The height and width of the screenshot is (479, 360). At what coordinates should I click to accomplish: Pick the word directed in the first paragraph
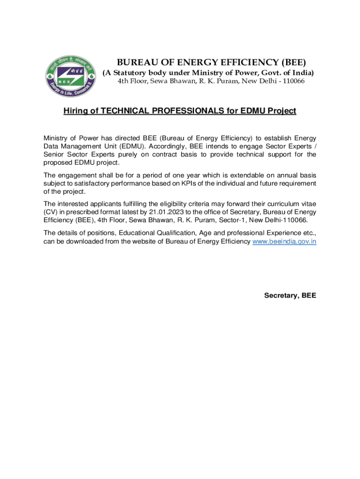point(125,138)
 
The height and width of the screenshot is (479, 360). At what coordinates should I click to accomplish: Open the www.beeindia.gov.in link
point(284,241)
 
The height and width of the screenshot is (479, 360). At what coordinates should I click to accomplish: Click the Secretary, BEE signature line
point(290,295)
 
